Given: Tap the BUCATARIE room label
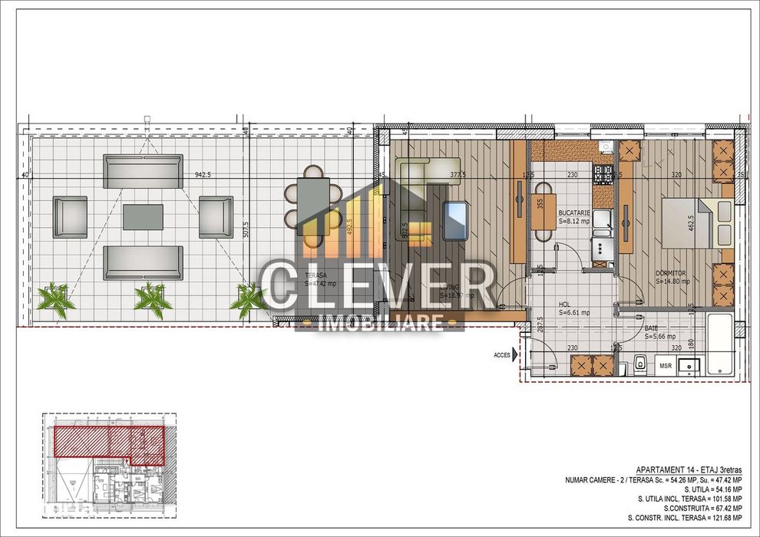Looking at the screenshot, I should tap(574, 216).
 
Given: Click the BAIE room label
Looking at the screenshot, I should tap(659, 331).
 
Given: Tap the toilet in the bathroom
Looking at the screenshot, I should tap(639, 362).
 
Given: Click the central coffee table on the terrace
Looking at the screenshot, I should tap(144, 216).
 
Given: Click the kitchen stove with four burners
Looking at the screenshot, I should tap(603, 176).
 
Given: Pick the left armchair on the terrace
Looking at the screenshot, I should tap(70, 216).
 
